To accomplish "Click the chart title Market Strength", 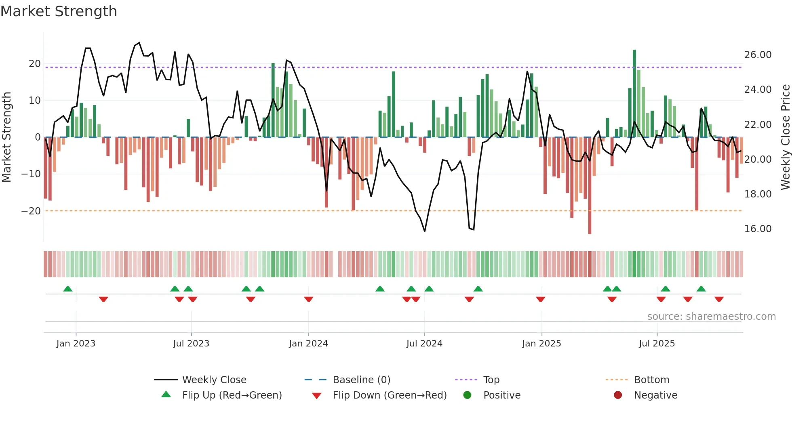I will [x=59, y=11].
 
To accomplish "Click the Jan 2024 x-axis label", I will [x=308, y=344].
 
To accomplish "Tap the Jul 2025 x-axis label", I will [x=657, y=344].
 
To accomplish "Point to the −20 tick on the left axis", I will [x=31, y=211].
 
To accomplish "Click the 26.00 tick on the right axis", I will [x=758, y=55].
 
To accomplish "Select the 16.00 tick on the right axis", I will [x=758, y=229].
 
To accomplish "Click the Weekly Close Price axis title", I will [x=785, y=137].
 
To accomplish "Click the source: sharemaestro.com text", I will [x=711, y=317].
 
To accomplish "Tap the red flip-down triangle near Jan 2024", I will [x=309, y=299].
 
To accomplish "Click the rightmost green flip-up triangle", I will [x=701, y=289].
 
